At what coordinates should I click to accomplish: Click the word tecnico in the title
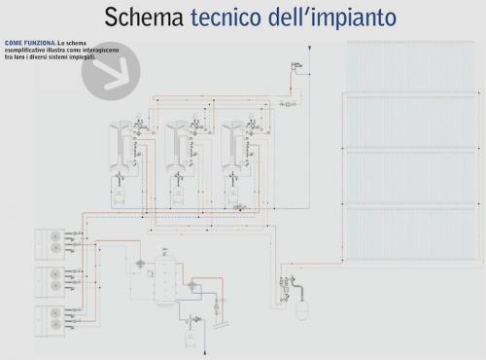point(229,18)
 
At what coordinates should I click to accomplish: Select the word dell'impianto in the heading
point(329,18)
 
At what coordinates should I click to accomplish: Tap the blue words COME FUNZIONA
point(29,44)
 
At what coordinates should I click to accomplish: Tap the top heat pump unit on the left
point(49,244)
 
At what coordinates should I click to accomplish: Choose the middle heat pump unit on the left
point(49,282)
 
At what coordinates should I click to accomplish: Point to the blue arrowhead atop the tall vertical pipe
point(308,47)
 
